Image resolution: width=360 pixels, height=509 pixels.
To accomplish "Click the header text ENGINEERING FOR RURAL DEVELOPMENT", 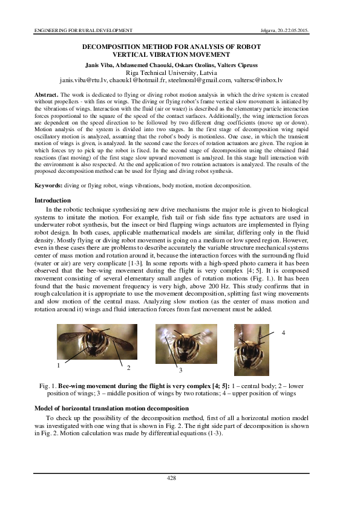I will tap(76, 30).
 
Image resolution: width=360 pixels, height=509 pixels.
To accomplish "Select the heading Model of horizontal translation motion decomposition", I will tap(111, 409).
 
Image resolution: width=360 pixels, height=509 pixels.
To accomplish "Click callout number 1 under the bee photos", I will tap(59, 365).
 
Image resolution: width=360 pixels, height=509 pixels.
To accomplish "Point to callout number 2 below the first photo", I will tap(129, 368).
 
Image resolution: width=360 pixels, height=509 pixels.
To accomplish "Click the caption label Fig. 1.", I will tap(47, 386).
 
